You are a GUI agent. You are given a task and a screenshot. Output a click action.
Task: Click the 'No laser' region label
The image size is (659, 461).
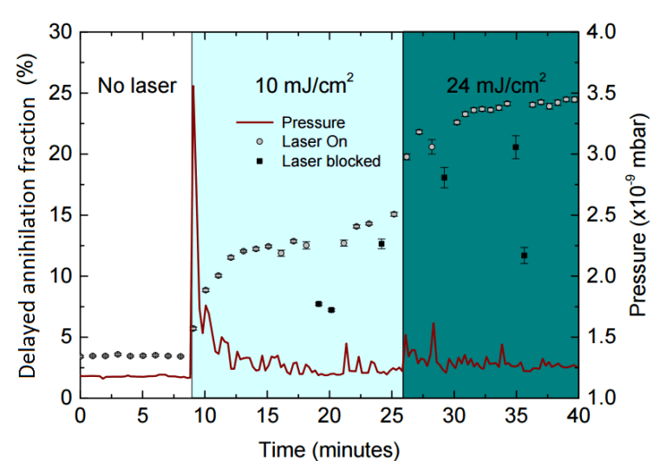[136, 86]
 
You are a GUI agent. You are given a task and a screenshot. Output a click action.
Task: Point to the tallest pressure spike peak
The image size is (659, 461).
[192, 87]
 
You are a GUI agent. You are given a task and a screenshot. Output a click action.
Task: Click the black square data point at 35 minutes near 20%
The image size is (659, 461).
[516, 147]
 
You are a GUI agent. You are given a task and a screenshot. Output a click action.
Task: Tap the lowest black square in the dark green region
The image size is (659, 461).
[524, 256]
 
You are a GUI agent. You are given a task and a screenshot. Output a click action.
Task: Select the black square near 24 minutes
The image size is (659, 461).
[381, 244]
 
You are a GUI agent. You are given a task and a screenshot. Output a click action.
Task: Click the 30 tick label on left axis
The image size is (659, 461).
[62, 32]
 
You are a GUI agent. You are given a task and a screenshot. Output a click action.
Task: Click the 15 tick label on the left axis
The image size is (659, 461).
[62, 215]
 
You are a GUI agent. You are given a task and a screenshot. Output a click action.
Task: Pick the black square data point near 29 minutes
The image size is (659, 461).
[444, 178]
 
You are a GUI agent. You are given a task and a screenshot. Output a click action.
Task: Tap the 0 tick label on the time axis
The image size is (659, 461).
[80, 415]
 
